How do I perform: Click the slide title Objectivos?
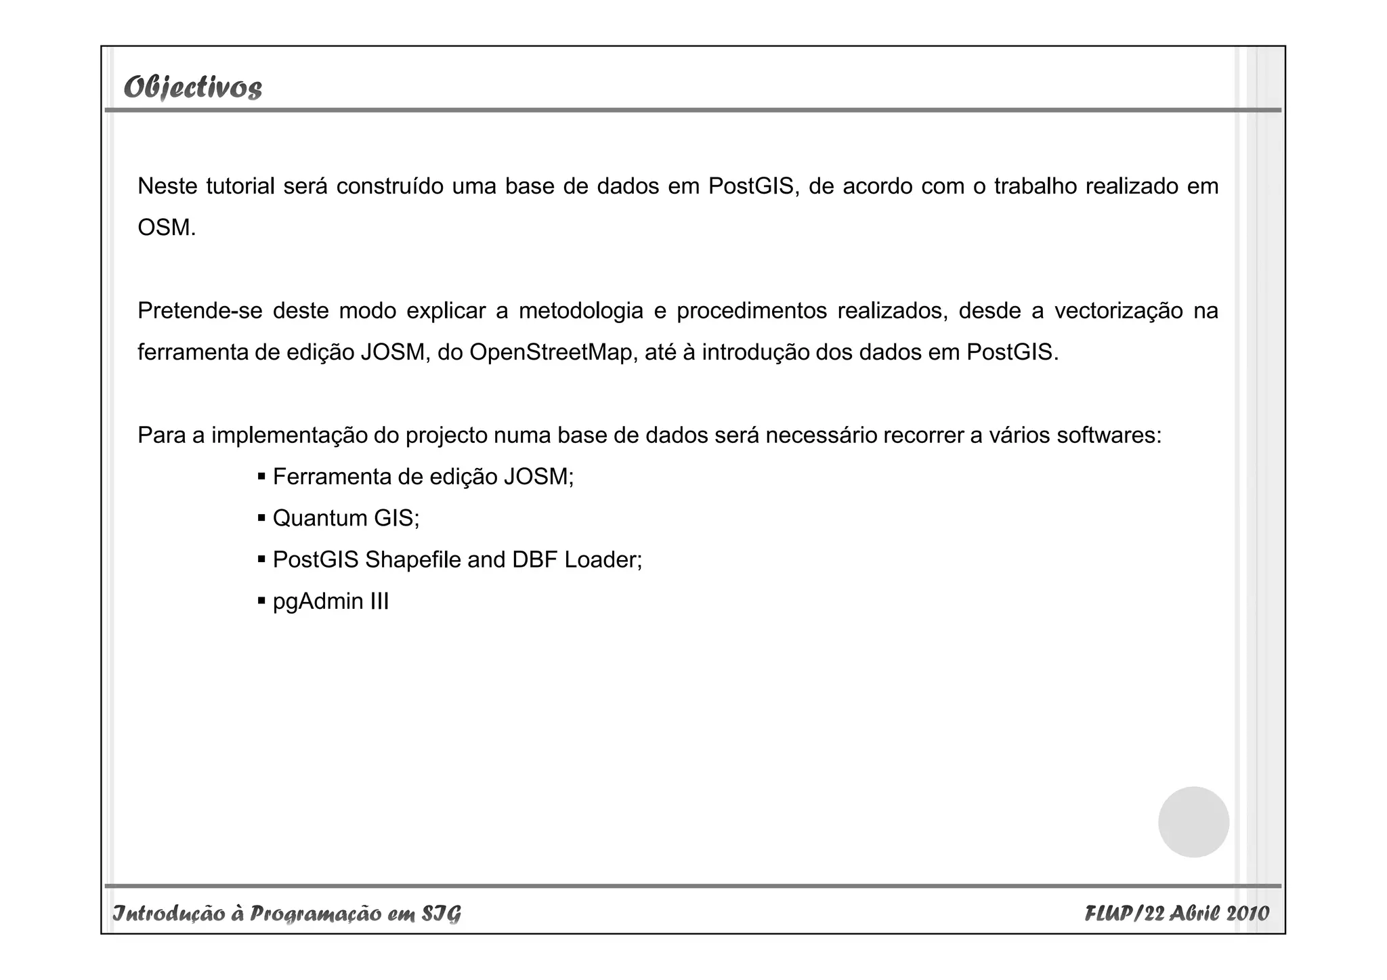[x=193, y=87]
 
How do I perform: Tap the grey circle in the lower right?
[x=1193, y=822]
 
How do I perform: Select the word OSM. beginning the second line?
[x=167, y=228]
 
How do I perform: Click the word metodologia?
[x=580, y=311]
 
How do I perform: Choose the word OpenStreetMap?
[x=551, y=352]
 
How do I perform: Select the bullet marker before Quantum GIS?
[x=261, y=519]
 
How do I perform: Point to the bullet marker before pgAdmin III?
[x=261, y=601]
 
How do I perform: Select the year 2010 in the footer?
[x=1247, y=914]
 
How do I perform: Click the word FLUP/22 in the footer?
[x=1124, y=914]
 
